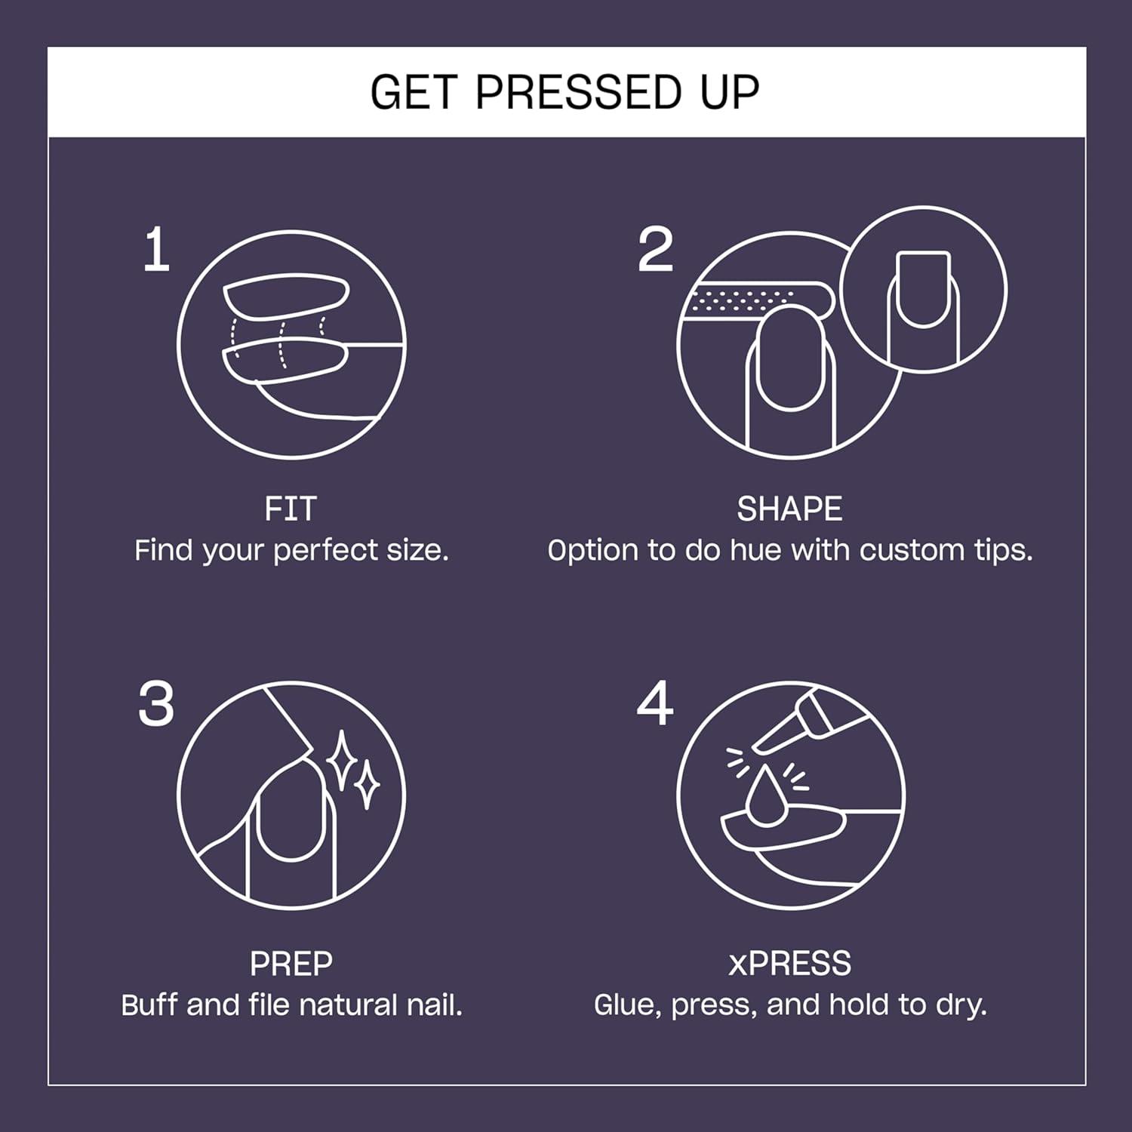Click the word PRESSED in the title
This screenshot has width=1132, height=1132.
(x=578, y=93)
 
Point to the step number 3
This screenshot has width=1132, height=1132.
(x=156, y=705)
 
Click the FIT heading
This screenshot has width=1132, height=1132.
(x=291, y=509)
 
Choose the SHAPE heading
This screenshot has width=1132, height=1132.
(x=789, y=509)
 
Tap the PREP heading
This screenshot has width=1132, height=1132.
(x=291, y=964)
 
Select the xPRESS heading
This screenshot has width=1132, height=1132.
(x=789, y=964)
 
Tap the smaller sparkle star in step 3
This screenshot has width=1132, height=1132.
(x=368, y=785)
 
